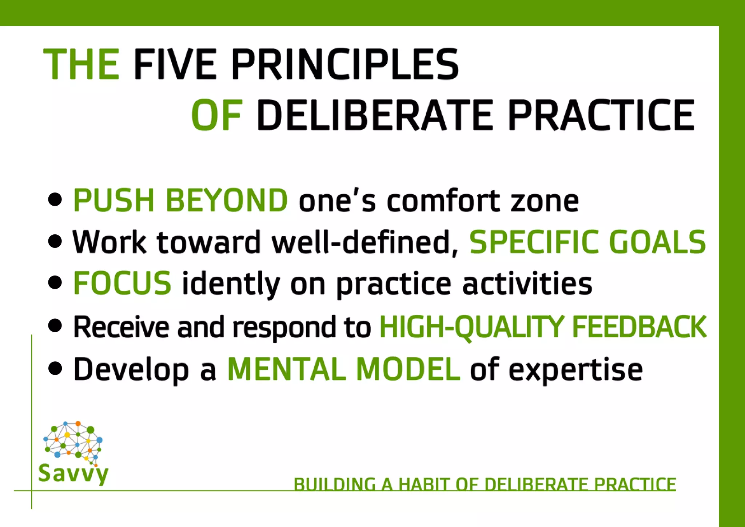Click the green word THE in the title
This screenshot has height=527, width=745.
(81, 64)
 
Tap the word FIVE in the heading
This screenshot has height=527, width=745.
(175, 64)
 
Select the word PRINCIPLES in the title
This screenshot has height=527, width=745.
(345, 64)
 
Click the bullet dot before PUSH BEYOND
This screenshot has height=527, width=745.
(55, 199)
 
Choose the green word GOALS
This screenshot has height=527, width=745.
(657, 242)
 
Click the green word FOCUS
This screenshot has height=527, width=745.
(122, 283)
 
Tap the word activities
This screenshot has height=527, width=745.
(527, 284)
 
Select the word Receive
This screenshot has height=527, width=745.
(121, 327)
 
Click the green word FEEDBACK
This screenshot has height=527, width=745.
(639, 327)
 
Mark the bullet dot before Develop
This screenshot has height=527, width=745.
(55, 368)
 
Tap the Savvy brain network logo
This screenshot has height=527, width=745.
(73, 442)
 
